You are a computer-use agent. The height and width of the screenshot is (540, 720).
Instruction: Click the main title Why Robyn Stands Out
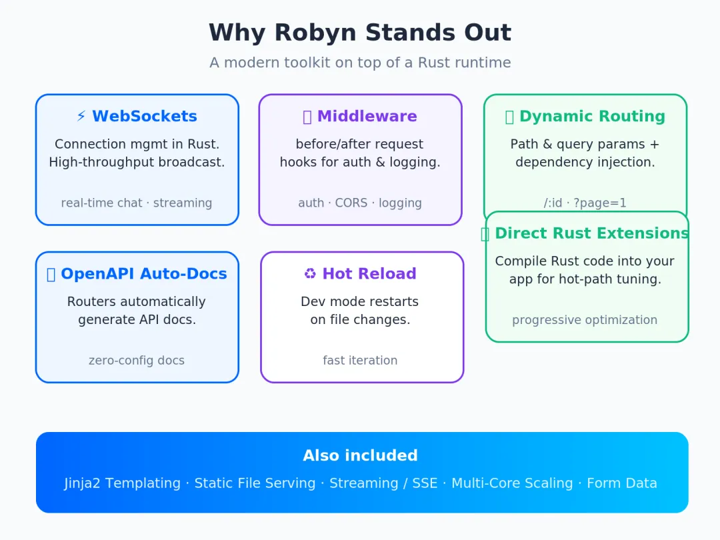360,33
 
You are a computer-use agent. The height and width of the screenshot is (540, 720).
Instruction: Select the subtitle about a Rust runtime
360,63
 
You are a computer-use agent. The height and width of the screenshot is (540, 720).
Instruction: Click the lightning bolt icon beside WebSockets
81,116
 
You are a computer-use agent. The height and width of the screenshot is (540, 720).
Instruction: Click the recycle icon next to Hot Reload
310,274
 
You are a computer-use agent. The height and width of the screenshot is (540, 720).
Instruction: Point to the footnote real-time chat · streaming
137,203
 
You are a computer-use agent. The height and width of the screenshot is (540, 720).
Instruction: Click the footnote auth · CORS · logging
360,203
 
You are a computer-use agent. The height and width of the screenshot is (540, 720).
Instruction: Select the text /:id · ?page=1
585,203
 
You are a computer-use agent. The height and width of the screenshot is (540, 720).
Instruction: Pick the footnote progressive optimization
585,320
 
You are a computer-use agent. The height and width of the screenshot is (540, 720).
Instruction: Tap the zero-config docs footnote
137,361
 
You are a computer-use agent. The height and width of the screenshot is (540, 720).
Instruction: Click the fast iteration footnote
360,361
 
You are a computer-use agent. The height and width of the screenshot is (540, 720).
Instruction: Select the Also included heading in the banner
360,455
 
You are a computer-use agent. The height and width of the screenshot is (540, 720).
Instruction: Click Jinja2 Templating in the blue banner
122,483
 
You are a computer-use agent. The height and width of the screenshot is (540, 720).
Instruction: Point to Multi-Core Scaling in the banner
512,483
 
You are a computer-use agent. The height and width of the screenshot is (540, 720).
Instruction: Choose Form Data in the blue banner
622,483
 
